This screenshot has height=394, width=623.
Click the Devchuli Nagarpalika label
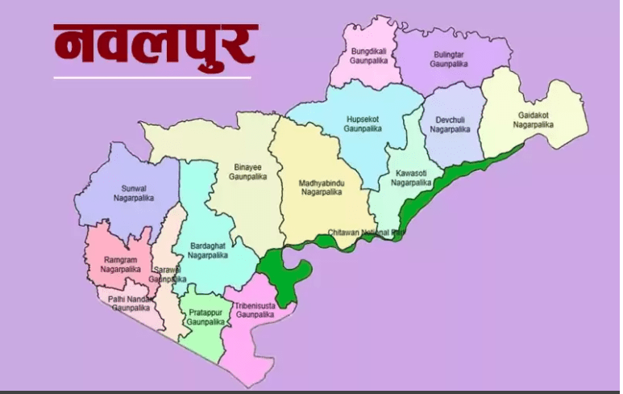pyautogui.click(x=450, y=124)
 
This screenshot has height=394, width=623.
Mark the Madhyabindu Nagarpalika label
pyautogui.click(x=321, y=187)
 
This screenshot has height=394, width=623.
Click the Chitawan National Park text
pyautogui.click(x=366, y=233)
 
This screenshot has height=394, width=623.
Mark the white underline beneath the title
pyautogui.click(x=152, y=78)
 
